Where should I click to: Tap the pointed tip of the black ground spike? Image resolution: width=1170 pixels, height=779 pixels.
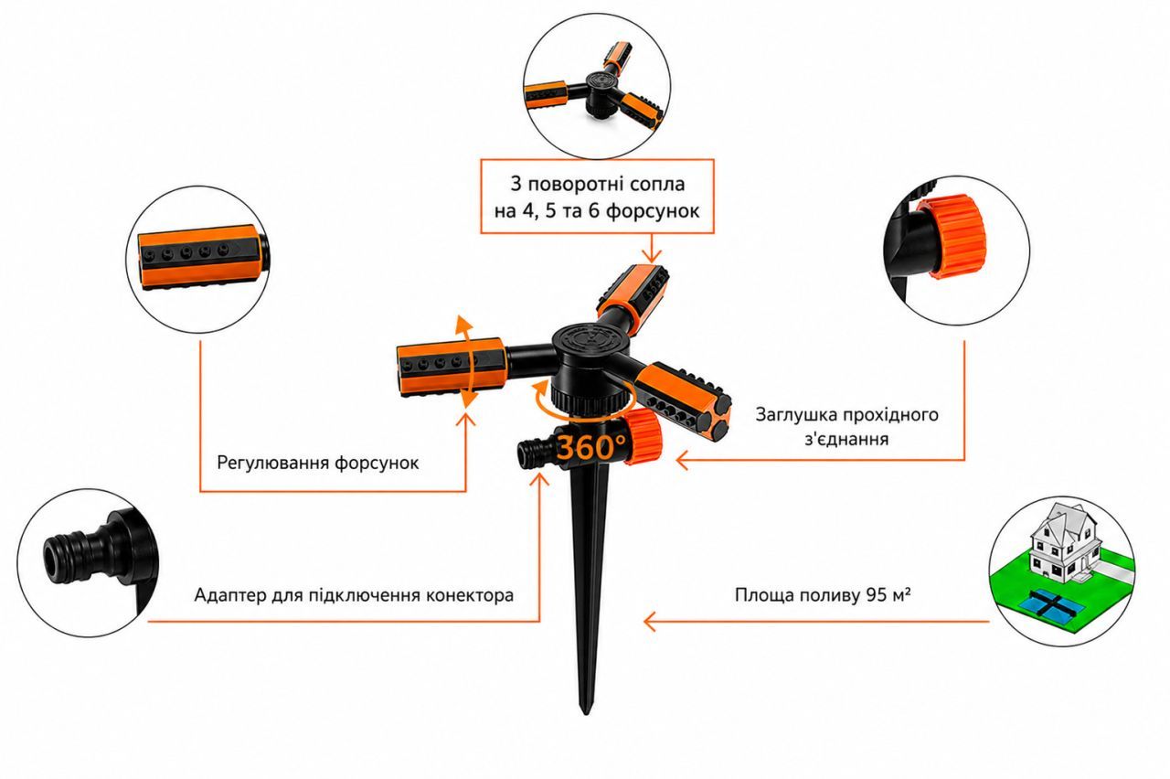586,713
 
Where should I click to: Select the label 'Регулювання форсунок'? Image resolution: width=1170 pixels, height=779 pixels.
317,463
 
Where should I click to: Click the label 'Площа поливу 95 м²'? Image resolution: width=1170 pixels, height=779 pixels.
824,594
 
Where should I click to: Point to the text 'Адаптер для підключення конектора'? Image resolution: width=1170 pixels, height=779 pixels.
354,595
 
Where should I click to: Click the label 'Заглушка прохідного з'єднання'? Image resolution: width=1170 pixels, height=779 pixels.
846,426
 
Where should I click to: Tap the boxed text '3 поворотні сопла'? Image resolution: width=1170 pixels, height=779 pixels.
598,184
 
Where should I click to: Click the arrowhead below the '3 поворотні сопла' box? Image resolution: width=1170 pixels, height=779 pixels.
652,255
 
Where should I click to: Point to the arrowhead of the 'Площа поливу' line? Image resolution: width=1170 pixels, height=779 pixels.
649,622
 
